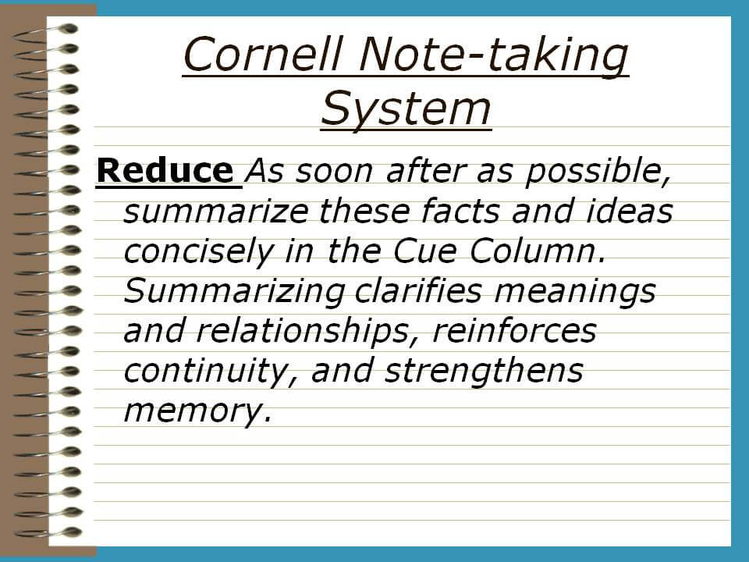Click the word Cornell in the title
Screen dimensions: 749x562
(263, 54)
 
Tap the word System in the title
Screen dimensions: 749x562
(406, 110)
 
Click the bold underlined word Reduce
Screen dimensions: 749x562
(165, 171)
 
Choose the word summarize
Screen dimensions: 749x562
(216, 212)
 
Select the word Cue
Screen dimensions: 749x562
(424, 251)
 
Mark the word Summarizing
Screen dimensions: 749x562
(235, 291)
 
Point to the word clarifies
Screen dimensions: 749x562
(418, 290)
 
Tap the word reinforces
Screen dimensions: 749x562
(514, 331)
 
